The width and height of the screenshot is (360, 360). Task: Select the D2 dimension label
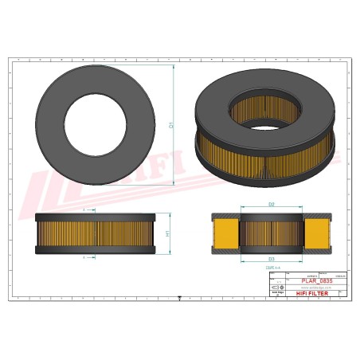[x=271, y=205]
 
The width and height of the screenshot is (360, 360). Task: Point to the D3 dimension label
[x=271, y=260]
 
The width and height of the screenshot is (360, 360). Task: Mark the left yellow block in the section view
[x=226, y=233]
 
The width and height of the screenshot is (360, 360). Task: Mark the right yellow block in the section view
[x=316, y=233]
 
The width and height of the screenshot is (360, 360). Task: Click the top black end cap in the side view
[x=93, y=216]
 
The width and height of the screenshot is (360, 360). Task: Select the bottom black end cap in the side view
[x=93, y=250]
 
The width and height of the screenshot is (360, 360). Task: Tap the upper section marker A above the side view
[x=84, y=208]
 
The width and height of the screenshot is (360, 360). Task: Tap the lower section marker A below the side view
[x=84, y=258]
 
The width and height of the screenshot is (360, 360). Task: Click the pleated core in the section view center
[x=271, y=233]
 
